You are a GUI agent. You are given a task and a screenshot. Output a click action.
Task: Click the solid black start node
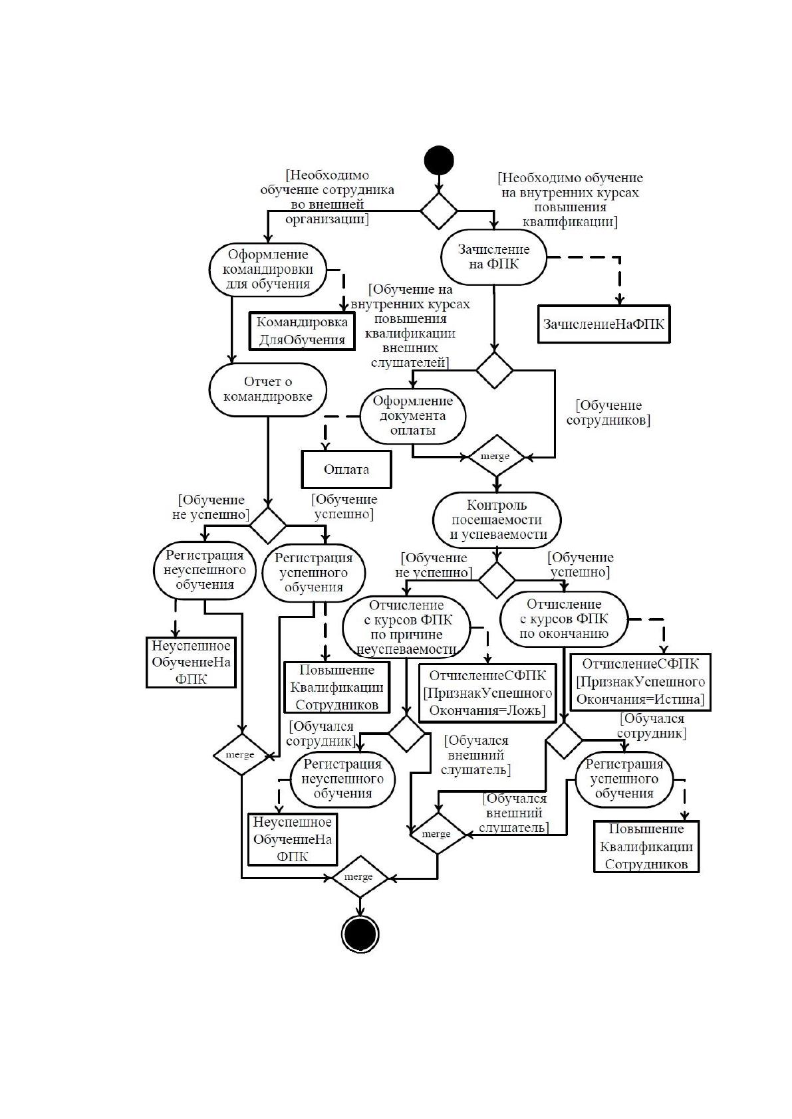[438, 160]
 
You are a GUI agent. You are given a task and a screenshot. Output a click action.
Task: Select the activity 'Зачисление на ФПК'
[493, 256]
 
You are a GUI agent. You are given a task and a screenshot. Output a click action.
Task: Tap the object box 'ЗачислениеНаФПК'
[604, 324]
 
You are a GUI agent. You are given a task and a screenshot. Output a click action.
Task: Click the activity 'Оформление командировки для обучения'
[267, 269]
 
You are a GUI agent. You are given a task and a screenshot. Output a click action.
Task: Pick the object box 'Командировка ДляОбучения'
[302, 331]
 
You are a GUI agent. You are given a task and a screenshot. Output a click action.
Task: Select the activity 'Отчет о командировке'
[267, 389]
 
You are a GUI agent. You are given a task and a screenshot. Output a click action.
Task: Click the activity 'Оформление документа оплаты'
[413, 415]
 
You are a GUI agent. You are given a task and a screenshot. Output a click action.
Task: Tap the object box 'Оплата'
[346, 469]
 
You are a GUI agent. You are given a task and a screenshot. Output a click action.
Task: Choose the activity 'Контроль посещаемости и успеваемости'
[497, 520]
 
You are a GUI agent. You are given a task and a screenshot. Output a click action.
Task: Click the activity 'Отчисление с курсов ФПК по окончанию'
[563, 619]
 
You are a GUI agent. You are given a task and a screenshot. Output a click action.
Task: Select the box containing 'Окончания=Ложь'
[487, 693]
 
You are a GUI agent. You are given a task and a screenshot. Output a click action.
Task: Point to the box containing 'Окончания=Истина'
[640, 682]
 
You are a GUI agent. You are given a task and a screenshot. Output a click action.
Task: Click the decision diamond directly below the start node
[438, 211]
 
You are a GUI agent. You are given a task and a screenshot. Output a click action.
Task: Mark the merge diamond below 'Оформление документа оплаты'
[495, 456]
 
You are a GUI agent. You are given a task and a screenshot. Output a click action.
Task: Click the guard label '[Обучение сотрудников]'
[608, 413]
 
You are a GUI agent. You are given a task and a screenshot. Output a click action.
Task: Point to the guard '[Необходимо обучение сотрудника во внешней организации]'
[327, 197]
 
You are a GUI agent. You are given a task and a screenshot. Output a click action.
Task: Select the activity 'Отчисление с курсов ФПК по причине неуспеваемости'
[406, 627]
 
